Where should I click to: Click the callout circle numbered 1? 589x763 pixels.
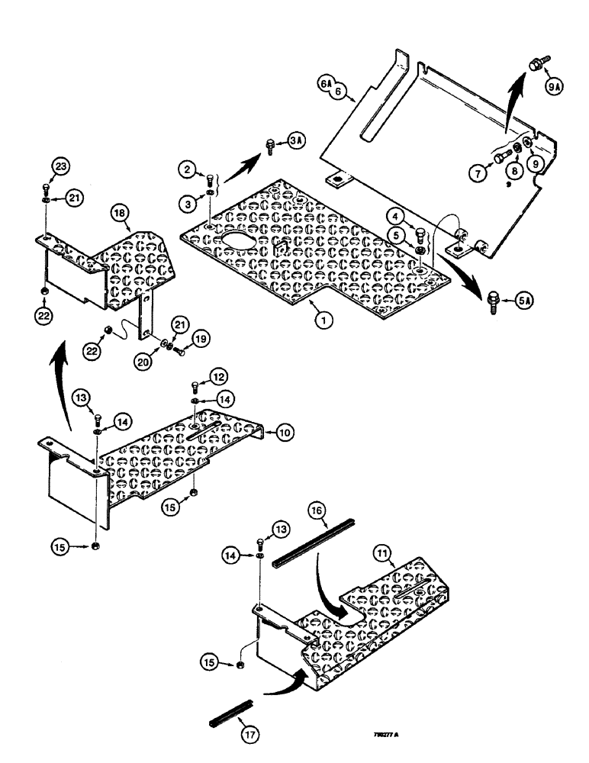point(325,321)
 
